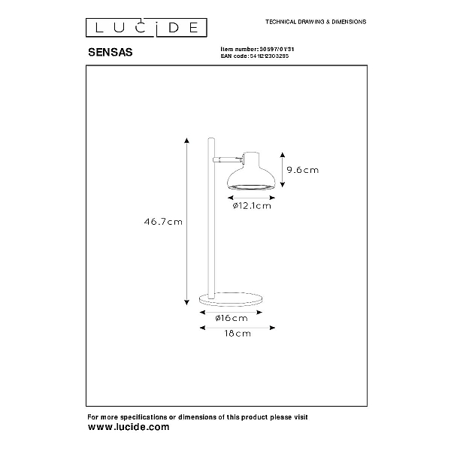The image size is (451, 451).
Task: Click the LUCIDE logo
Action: tap(147, 28)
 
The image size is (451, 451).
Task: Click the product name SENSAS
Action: tap(110, 53)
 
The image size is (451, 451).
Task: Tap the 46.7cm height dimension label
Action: tap(163, 222)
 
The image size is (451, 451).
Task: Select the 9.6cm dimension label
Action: tap(303, 170)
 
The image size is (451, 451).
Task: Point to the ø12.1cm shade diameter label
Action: tap(252, 206)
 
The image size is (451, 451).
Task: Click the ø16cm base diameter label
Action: tap(232, 318)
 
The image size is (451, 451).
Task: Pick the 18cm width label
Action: tap(238, 333)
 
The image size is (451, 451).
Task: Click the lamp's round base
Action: tap(231, 299)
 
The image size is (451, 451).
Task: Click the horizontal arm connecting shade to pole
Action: tap(228, 159)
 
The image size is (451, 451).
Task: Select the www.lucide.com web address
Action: tap(129, 427)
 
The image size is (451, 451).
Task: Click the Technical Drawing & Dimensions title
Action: tap(316, 22)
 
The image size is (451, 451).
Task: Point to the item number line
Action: tap(257, 49)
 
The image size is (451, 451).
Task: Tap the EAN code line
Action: tap(255, 56)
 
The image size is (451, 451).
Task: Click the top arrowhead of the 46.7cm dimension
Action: tap(187, 141)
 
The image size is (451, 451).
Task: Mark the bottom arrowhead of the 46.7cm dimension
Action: tap(187, 302)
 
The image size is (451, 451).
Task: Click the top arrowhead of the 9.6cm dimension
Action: tap(283, 155)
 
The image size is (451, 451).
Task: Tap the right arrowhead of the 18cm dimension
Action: tap(272, 328)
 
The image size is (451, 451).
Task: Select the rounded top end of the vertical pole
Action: tap(211, 139)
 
